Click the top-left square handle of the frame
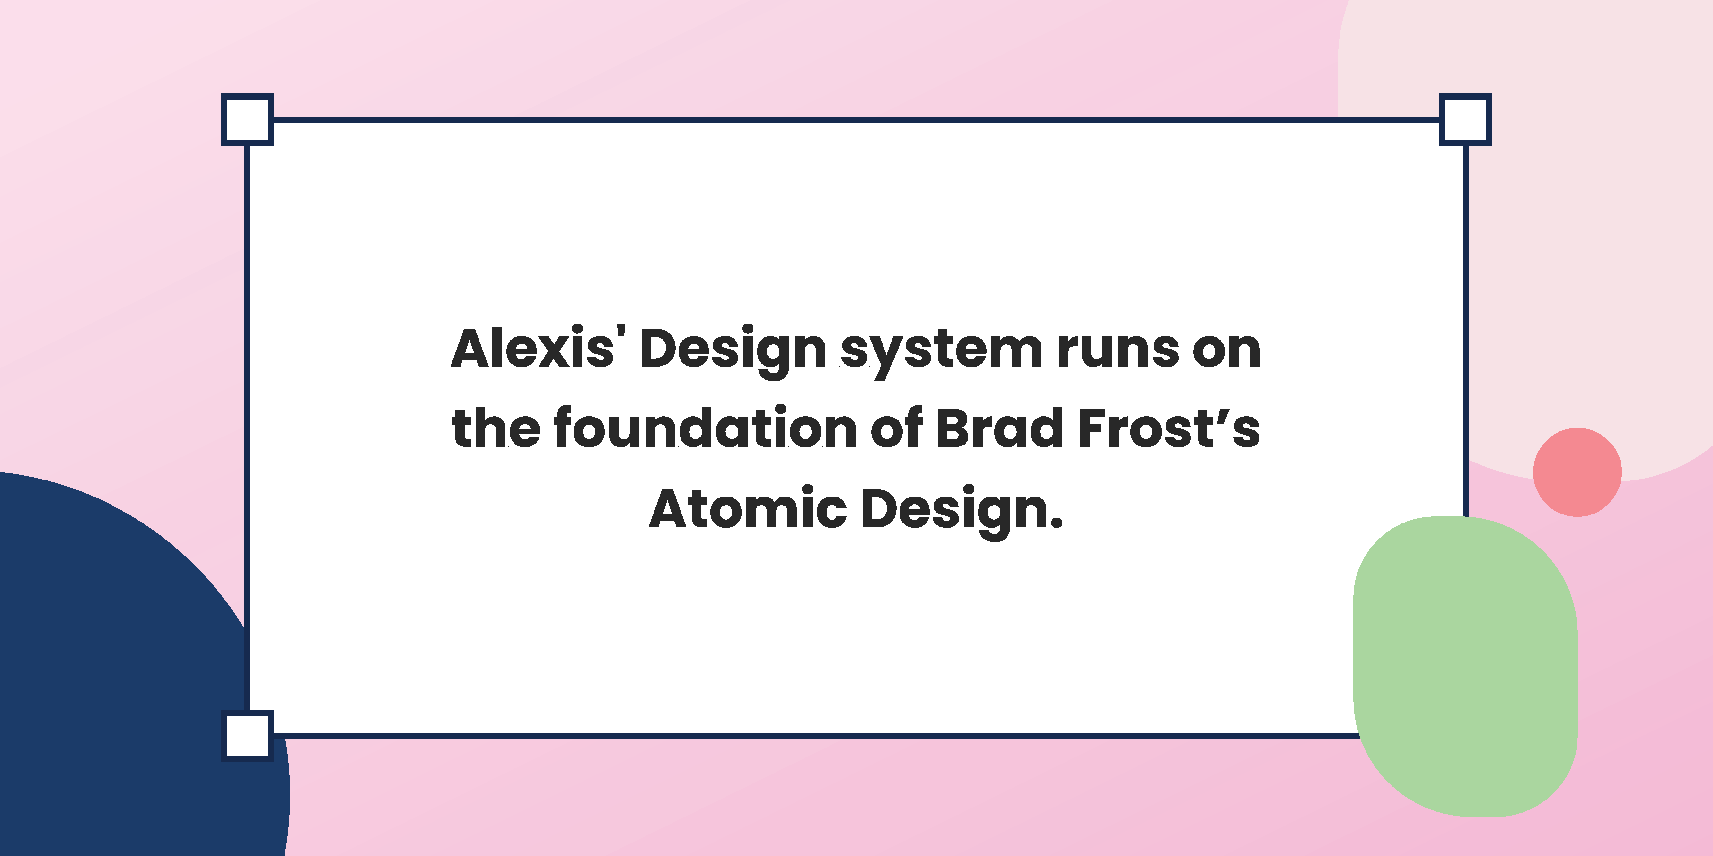pyautogui.click(x=247, y=120)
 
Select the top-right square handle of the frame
pyautogui.click(x=1466, y=120)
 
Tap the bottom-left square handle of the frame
pyautogui.click(x=247, y=736)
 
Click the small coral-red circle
pyautogui.click(x=1577, y=472)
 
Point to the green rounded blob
pyautogui.click(x=1466, y=666)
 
